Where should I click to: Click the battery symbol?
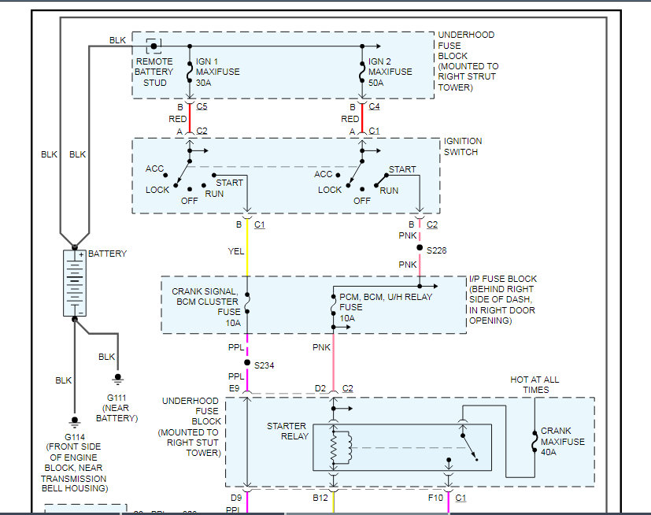point(75,283)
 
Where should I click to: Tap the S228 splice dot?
point(420,247)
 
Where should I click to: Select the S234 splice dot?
point(247,362)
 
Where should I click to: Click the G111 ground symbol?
point(118,380)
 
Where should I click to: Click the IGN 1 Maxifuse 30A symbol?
point(190,72)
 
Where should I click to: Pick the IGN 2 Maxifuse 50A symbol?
point(362,72)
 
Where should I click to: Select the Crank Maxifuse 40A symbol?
point(534,442)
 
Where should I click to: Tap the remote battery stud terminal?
point(154,46)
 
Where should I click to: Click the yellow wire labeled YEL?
point(247,248)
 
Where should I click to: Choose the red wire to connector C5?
point(190,118)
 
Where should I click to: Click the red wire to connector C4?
point(362,118)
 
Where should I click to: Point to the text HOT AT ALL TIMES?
point(534,384)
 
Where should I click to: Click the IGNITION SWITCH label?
point(463,146)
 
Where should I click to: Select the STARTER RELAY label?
point(288,431)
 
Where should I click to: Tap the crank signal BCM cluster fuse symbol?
point(247,302)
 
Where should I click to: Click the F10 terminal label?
point(435,498)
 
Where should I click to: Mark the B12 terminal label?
point(320,498)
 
